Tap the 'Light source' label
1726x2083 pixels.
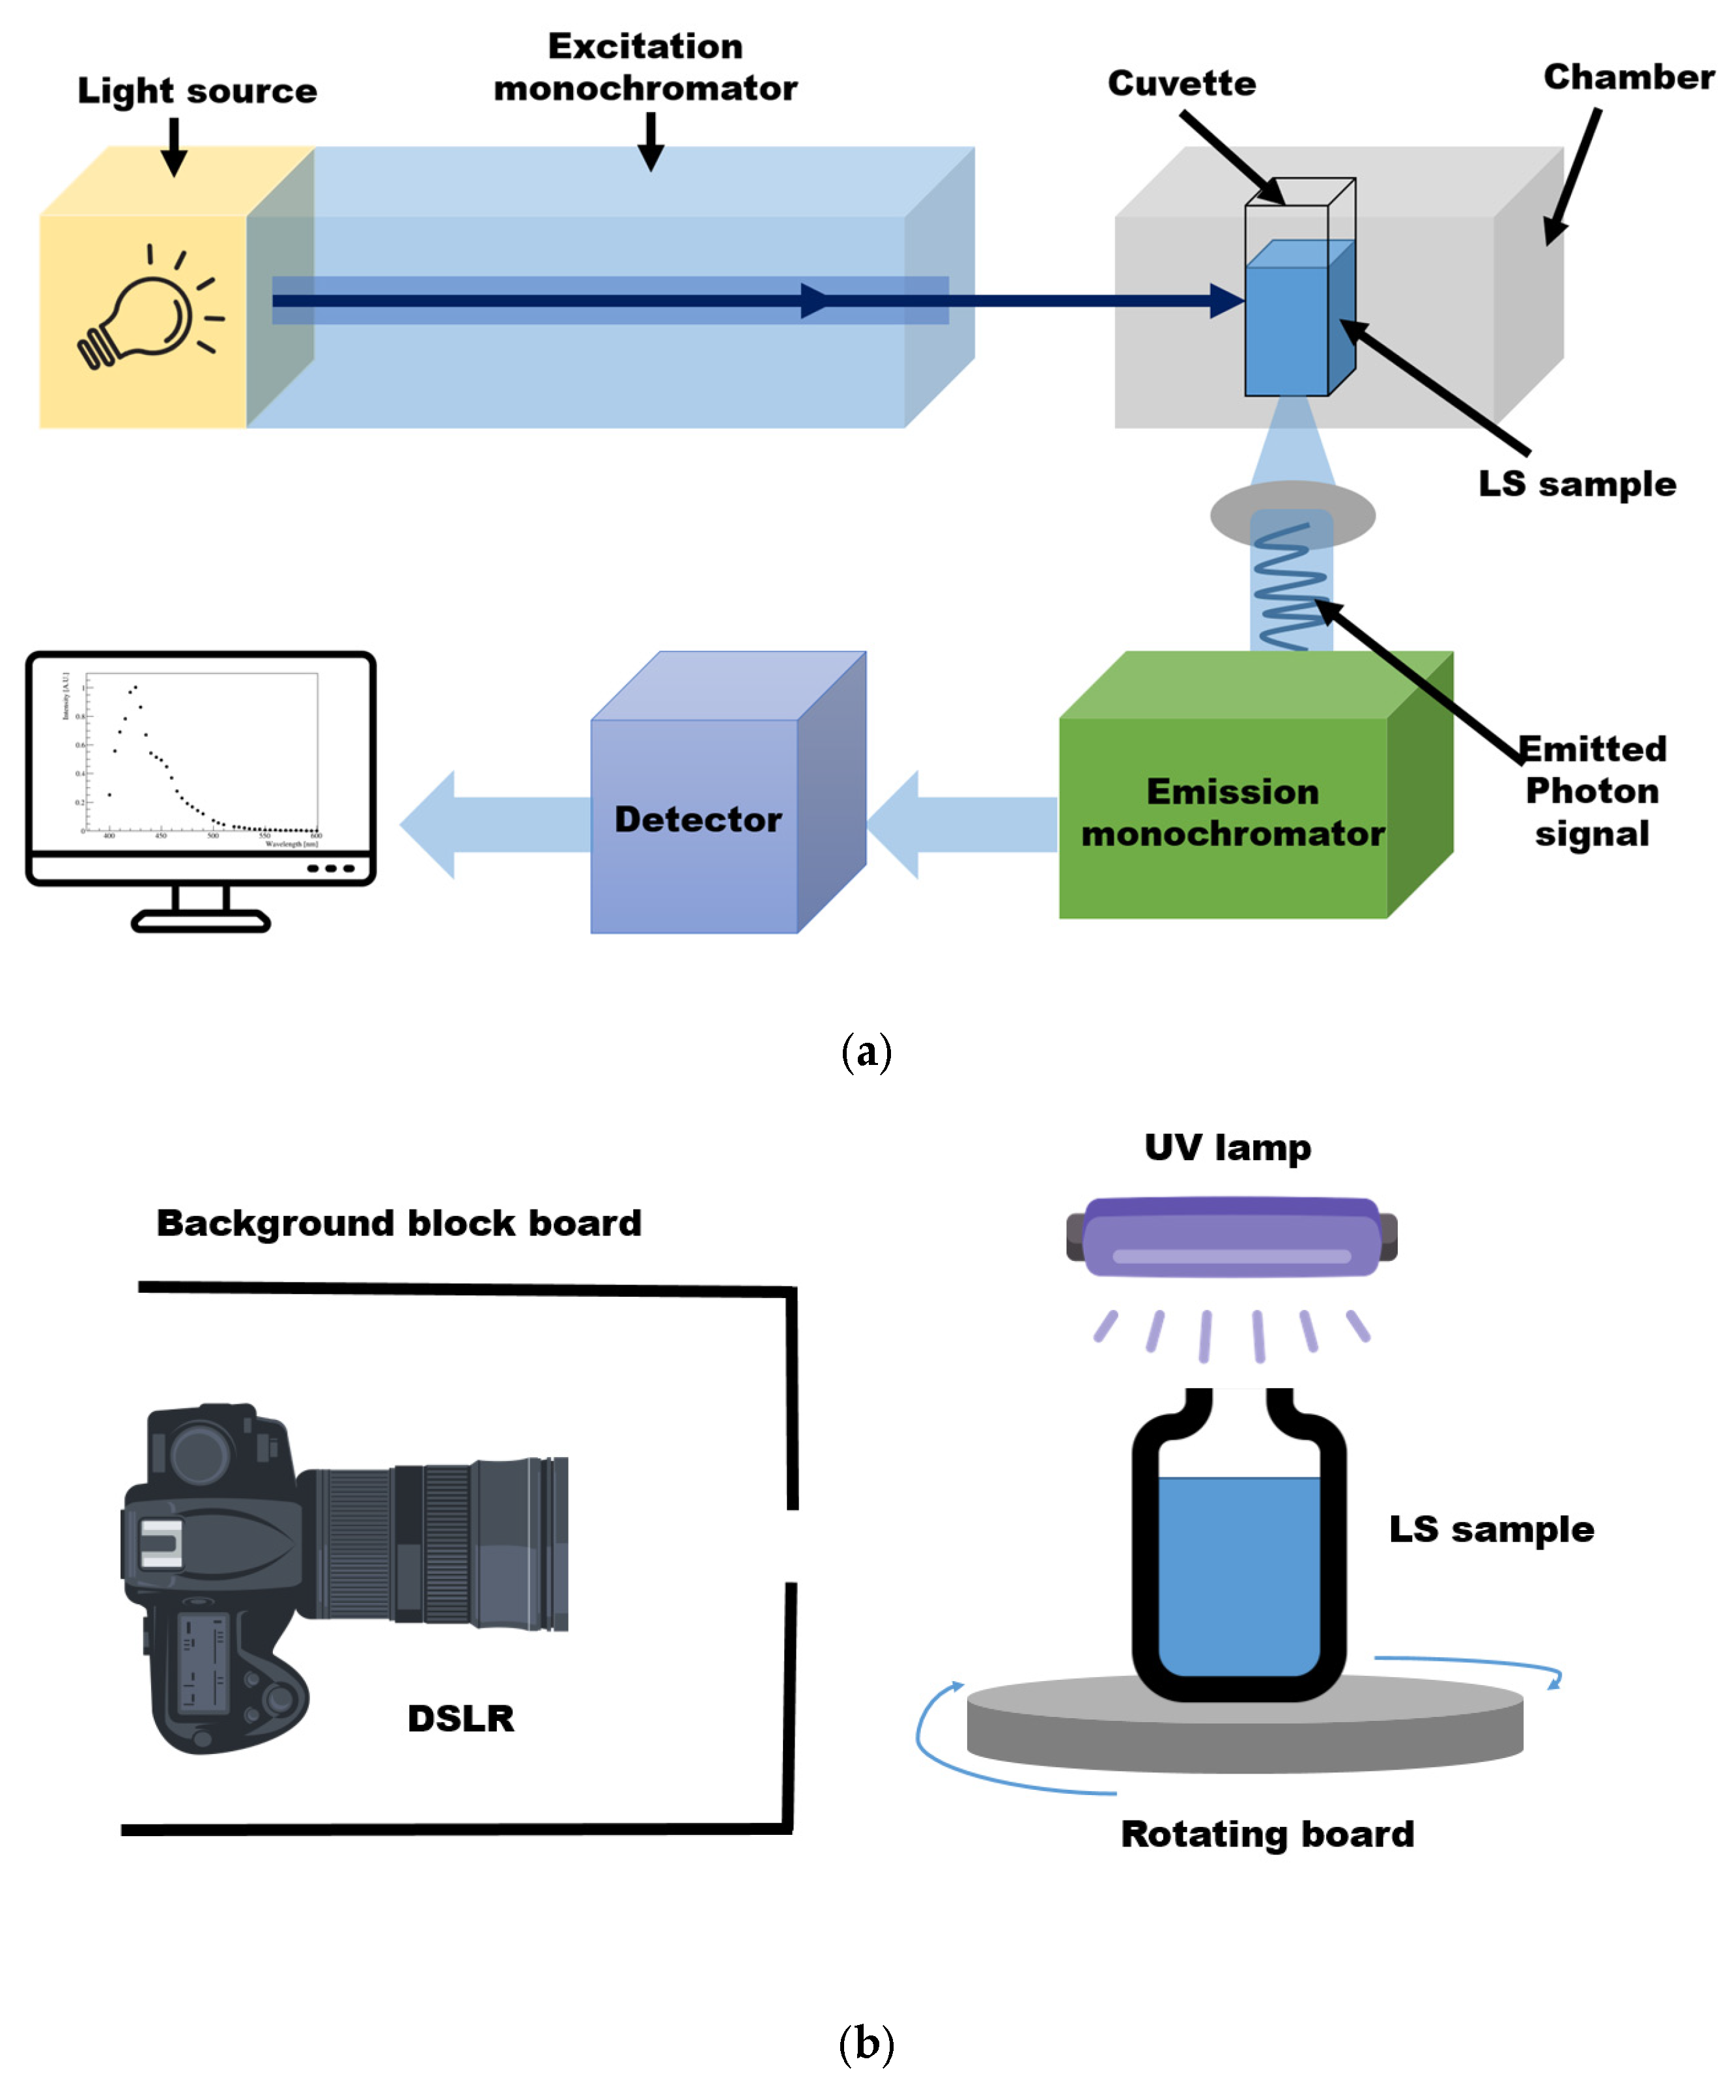click(197, 91)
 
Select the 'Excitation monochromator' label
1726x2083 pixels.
click(645, 68)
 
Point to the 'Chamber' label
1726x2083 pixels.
click(1628, 78)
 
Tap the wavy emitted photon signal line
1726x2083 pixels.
click(1288, 585)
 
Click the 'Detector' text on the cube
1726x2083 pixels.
click(698, 819)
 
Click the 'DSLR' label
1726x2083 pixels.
click(460, 1719)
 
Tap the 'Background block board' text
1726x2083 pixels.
click(399, 1223)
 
